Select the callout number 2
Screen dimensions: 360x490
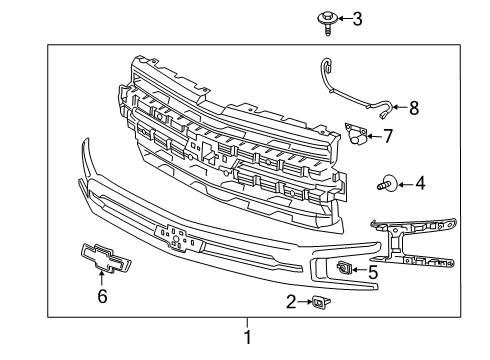click(x=291, y=300)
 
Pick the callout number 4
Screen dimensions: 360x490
click(x=393, y=183)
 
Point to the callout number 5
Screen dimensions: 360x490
click(x=373, y=269)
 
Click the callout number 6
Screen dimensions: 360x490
click(x=100, y=296)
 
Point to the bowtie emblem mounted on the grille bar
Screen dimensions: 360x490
click(x=175, y=236)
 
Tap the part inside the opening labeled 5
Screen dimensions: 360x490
click(x=343, y=267)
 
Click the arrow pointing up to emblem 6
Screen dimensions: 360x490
click(x=100, y=281)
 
